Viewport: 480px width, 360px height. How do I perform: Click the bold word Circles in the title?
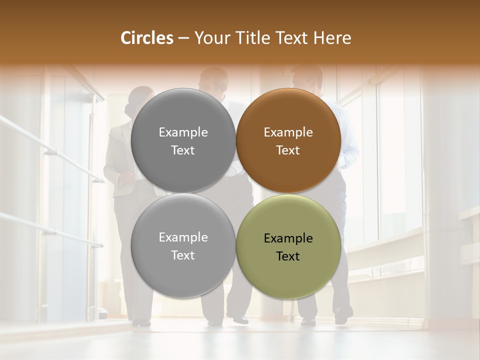tap(147, 38)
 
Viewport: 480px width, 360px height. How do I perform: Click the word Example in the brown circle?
tap(288, 132)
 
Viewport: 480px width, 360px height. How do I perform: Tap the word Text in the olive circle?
tap(288, 256)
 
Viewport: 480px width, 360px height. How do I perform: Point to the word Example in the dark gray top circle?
tap(183, 132)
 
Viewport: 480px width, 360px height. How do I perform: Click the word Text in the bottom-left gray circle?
tap(183, 255)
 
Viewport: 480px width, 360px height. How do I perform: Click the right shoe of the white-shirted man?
tap(343, 315)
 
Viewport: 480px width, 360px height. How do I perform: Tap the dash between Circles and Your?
tap(183, 38)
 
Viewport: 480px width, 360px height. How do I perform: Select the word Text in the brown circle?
tap(288, 150)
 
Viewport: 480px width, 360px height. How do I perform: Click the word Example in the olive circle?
tap(288, 238)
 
